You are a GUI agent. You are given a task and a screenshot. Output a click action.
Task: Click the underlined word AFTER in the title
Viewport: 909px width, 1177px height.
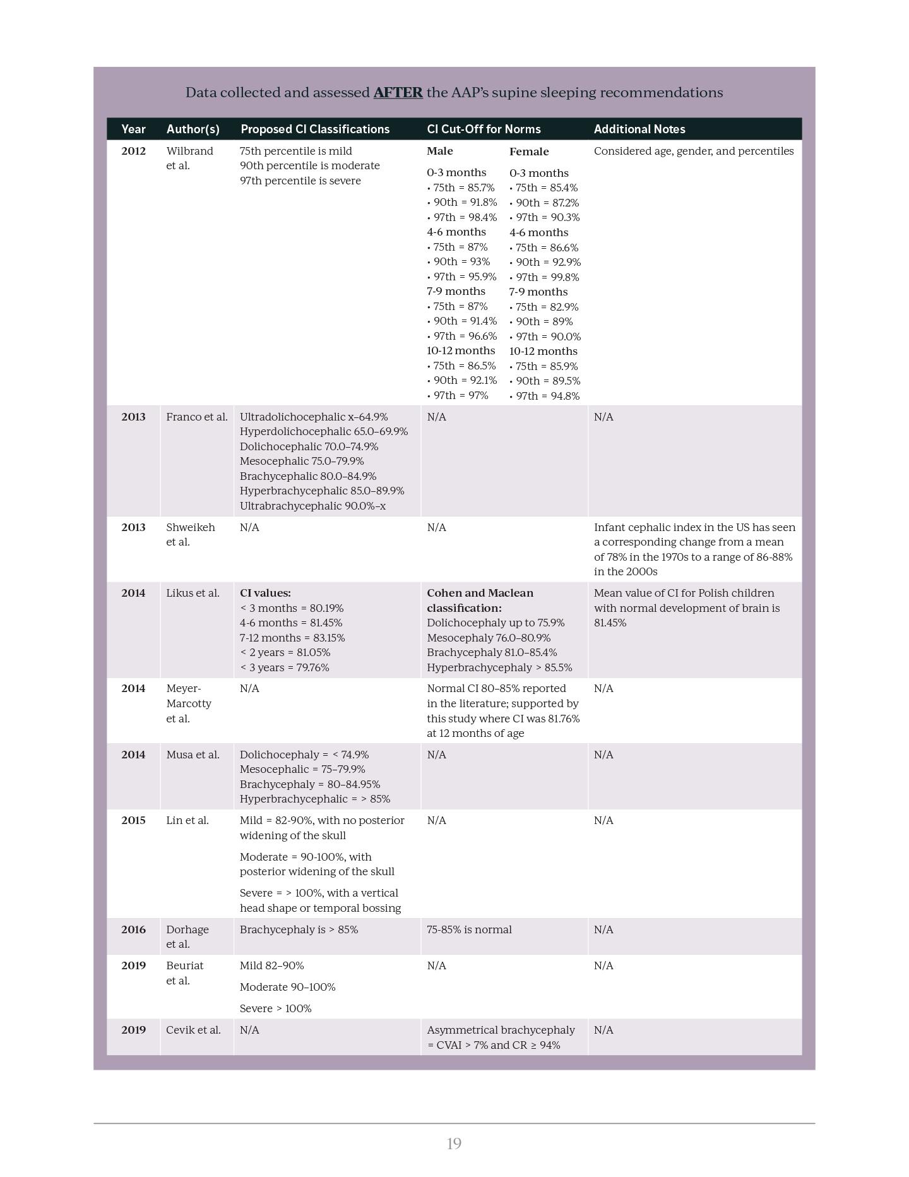point(398,93)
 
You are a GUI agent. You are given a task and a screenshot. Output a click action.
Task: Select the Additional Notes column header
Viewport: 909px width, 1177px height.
point(639,129)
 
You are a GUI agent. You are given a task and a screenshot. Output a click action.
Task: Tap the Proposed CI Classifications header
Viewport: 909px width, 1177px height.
point(314,129)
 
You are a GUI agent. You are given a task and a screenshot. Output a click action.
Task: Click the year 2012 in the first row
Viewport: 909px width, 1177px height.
point(133,151)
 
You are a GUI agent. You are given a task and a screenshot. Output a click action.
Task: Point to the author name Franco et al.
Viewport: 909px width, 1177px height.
point(196,417)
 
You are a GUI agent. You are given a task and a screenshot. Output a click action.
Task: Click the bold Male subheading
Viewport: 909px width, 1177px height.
point(439,151)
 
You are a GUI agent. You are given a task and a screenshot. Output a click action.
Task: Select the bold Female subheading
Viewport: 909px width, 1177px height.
point(528,152)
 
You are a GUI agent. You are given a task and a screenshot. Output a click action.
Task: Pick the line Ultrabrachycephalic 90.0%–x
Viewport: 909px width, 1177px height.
point(312,506)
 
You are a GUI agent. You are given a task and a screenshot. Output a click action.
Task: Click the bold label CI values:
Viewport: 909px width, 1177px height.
point(265,593)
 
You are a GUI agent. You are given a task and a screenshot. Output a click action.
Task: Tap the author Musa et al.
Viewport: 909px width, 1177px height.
point(193,755)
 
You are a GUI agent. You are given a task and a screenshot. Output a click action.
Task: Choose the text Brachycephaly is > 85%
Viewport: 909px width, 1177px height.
point(299,929)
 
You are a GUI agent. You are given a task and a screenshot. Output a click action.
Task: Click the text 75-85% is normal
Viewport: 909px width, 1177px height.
point(469,929)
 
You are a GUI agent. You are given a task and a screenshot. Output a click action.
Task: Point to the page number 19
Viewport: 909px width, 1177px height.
point(454,1144)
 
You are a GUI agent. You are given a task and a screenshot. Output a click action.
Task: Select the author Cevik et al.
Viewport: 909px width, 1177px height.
point(193,1030)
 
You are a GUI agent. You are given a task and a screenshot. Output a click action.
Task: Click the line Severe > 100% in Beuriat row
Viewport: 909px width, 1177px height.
point(275,1008)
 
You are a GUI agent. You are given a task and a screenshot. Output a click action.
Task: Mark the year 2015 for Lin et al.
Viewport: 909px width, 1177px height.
point(133,820)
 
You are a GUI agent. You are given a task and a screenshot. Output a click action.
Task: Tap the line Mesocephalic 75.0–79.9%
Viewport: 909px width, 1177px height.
point(302,461)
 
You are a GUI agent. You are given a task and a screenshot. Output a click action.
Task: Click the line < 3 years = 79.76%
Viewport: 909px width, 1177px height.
point(284,667)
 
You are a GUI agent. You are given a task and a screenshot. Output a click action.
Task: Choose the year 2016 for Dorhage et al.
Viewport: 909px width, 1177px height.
point(133,929)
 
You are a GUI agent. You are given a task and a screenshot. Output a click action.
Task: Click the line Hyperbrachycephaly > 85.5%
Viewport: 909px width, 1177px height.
point(499,667)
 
